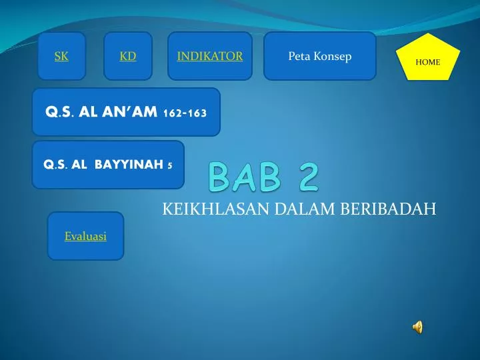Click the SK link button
tap(61, 57)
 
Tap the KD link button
tap(128, 57)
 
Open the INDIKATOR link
tap(209, 57)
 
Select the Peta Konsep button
tap(320, 57)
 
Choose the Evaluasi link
tap(85, 236)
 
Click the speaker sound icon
tap(417, 327)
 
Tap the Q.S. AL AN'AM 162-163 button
tap(126, 113)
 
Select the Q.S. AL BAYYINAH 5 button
tap(108, 165)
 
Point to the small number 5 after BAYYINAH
tap(170, 165)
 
